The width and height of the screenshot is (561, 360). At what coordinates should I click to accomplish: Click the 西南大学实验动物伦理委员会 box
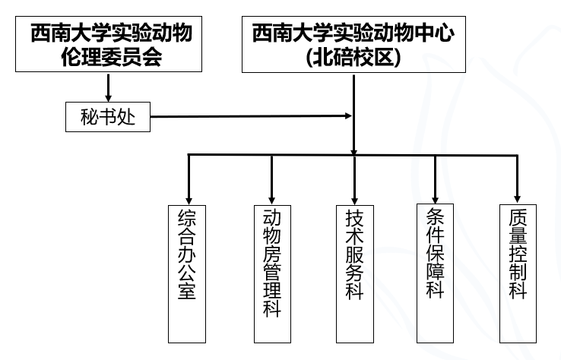point(109,45)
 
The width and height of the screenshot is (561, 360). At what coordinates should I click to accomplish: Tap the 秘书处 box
point(107,117)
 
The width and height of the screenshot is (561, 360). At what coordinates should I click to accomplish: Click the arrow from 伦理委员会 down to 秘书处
point(109,88)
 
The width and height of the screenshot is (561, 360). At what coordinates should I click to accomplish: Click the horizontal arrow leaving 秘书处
point(251,117)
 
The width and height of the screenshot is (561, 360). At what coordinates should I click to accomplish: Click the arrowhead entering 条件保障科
point(436,197)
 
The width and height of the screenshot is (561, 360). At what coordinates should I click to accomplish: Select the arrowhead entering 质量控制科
point(518,197)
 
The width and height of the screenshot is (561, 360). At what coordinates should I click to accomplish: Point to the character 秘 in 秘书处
point(90,117)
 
